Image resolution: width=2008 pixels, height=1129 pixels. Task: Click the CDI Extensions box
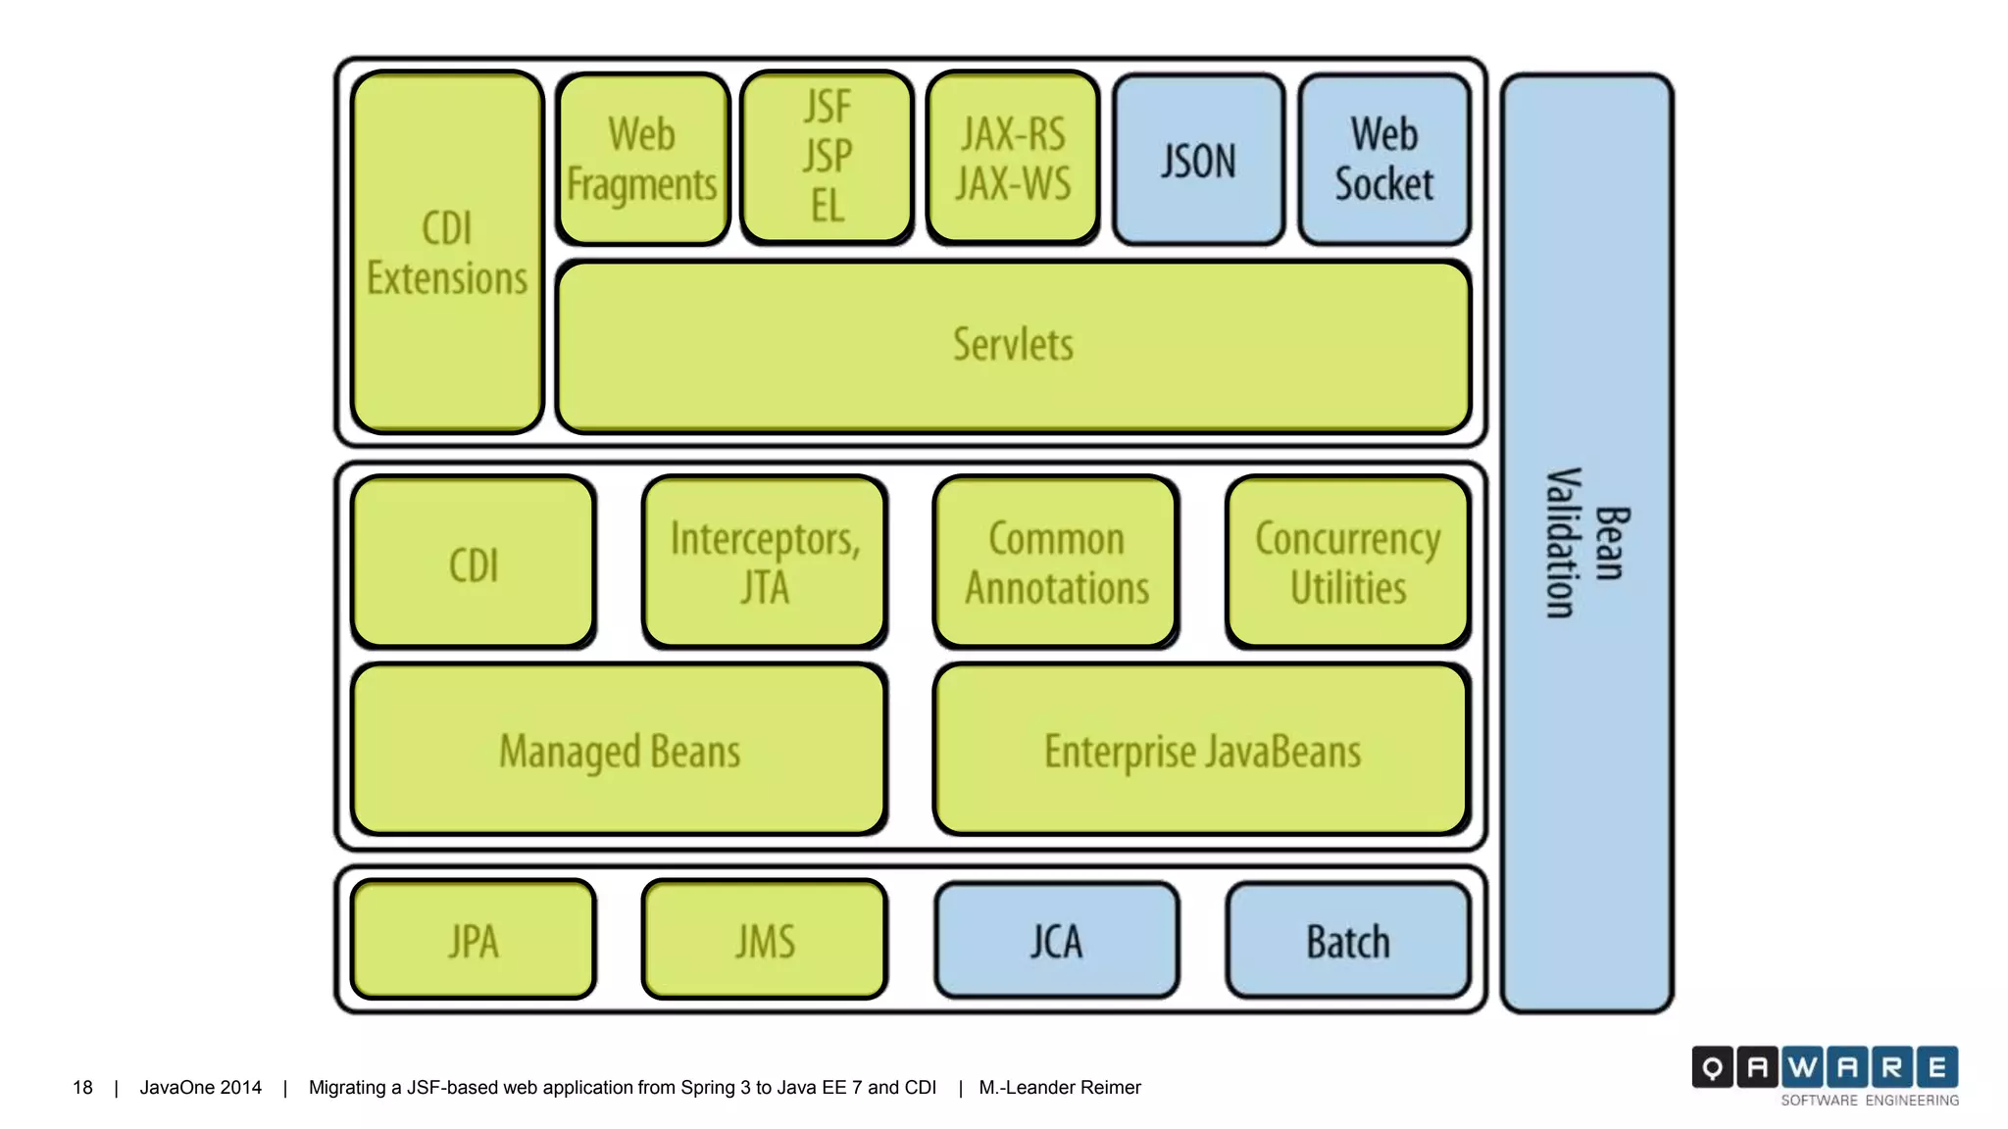tap(447, 253)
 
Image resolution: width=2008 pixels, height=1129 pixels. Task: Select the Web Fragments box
tap(642, 159)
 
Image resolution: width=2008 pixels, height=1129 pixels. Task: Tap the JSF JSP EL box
tap(827, 157)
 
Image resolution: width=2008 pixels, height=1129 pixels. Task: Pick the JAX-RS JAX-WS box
tap(1013, 159)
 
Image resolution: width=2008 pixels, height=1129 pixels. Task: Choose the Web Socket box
tap(1383, 160)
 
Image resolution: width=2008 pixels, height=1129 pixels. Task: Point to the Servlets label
tap(1013, 345)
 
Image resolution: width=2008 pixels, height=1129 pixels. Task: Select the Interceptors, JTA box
tap(765, 563)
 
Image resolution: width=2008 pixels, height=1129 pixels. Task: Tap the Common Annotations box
tap(1056, 563)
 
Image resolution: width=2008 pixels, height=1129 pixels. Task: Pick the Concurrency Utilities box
tap(1347, 563)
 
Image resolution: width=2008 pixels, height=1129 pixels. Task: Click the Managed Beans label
tap(620, 752)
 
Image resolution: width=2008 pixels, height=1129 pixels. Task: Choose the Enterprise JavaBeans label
tap(1202, 752)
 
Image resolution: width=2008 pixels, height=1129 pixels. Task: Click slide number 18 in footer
tap(82, 1087)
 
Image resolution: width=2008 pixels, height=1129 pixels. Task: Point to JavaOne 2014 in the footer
tap(200, 1087)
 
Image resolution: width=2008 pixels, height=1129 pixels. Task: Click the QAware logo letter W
tap(1802, 1067)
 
